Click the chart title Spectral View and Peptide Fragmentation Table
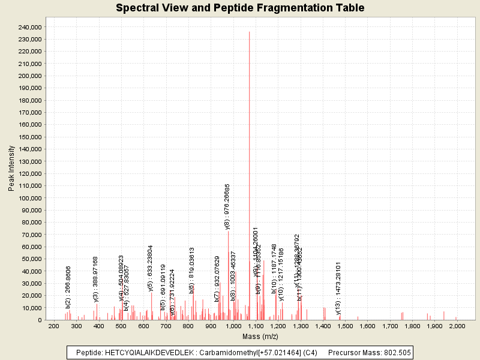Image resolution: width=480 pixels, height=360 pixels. point(240,8)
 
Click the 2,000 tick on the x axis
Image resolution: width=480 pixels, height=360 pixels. point(457,326)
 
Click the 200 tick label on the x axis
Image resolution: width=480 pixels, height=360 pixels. point(53,326)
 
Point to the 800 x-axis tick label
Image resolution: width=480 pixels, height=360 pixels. point(188,326)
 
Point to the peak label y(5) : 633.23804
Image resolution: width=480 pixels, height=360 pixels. point(150,268)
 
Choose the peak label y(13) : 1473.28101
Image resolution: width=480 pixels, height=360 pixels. point(338,288)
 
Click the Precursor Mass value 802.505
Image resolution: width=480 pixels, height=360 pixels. point(396,352)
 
